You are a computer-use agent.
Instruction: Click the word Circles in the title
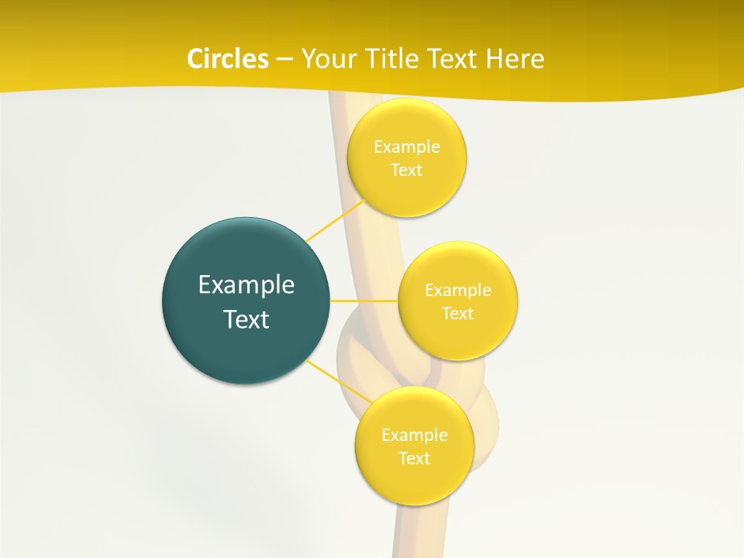point(227,59)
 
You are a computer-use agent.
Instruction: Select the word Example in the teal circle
point(246,285)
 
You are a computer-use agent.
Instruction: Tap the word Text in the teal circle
point(246,319)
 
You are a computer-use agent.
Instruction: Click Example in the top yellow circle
point(406,147)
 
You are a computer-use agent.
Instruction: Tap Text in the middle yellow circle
point(457,314)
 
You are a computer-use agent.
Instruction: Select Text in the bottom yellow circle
point(414,459)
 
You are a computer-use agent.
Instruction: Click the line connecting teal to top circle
point(335,220)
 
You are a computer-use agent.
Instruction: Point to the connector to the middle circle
point(363,300)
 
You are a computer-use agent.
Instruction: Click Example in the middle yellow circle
point(457,291)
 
